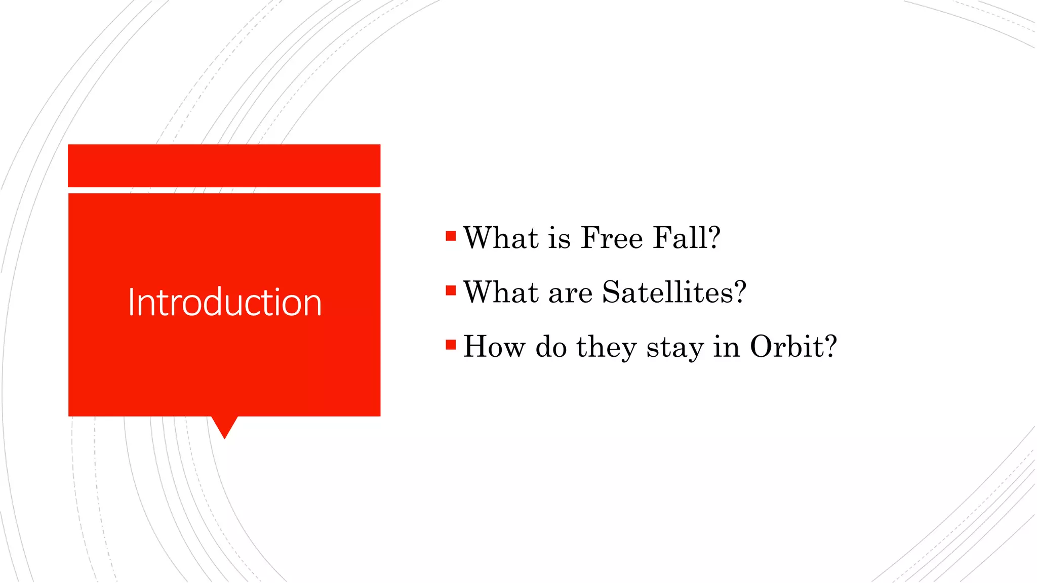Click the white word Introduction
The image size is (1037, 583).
point(224,302)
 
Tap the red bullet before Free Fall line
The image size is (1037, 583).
point(451,236)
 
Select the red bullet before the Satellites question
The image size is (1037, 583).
point(451,290)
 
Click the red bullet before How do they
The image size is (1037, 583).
point(451,345)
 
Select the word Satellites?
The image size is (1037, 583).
point(674,292)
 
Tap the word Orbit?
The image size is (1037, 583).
point(793,347)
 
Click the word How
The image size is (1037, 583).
point(494,347)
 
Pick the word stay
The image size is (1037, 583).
point(675,348)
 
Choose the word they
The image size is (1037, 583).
point(606,348)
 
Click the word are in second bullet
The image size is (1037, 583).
point(570,294)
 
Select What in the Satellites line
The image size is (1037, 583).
point(501,292)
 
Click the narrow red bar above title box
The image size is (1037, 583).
point(224,165)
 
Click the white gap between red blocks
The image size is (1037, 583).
point(224,190)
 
